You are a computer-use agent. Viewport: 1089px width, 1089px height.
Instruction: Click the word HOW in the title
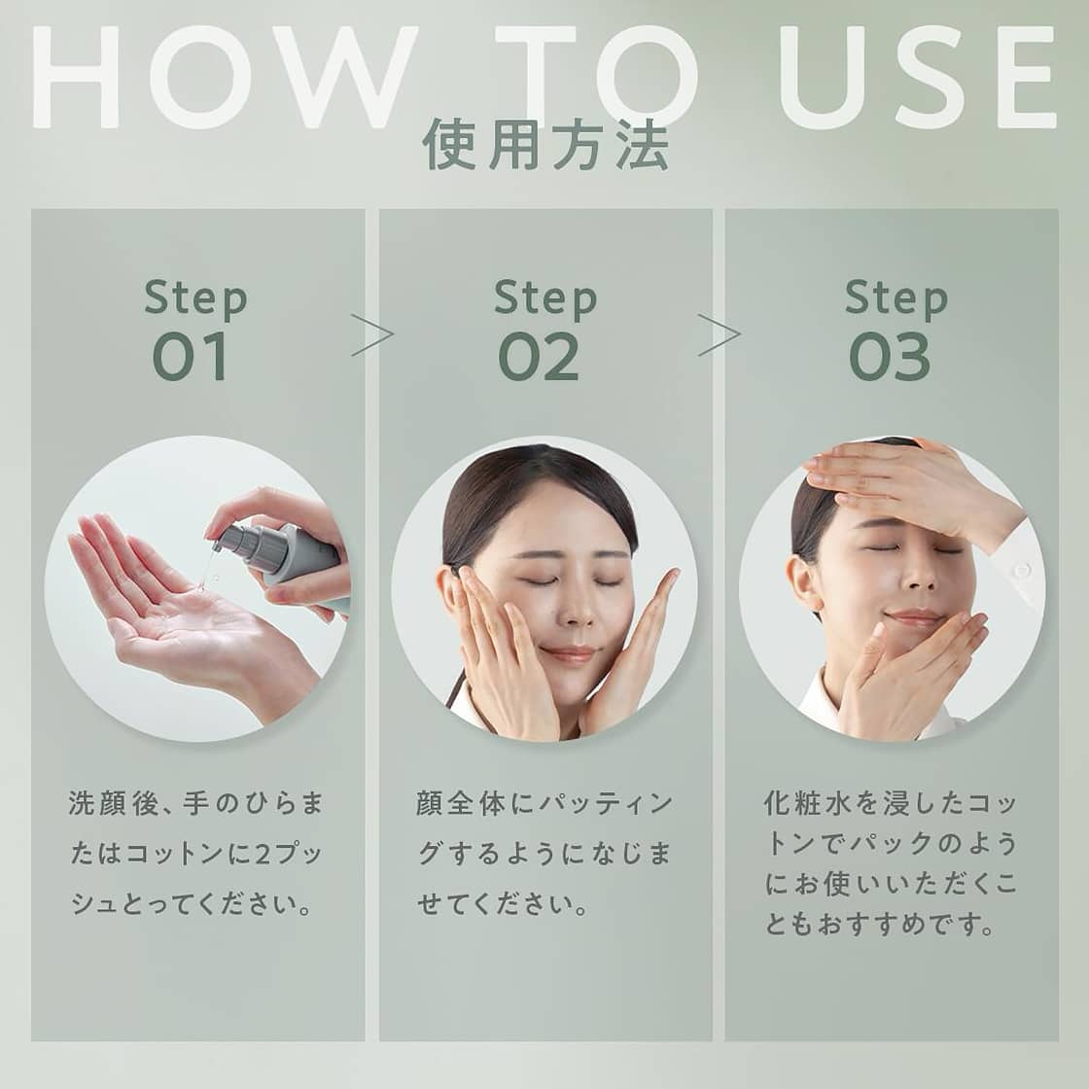224,78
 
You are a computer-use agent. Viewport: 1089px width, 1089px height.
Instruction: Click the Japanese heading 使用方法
545,146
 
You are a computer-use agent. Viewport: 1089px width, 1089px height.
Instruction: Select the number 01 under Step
191,357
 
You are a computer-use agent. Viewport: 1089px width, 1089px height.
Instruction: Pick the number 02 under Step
539,357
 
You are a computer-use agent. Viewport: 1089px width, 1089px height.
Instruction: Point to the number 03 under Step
890,357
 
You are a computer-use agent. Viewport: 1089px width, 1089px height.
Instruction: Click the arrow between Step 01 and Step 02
372,334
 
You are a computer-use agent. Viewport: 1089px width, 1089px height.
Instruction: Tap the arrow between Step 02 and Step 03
720,334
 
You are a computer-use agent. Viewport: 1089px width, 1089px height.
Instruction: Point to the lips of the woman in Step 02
569,654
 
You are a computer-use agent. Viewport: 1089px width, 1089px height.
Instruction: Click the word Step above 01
195,299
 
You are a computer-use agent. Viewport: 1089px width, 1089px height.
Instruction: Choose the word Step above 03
896,299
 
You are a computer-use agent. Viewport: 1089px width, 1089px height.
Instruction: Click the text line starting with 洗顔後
195,804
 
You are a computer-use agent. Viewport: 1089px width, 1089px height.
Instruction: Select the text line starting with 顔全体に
544,804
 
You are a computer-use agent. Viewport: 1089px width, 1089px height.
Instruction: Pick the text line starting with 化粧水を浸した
891,804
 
